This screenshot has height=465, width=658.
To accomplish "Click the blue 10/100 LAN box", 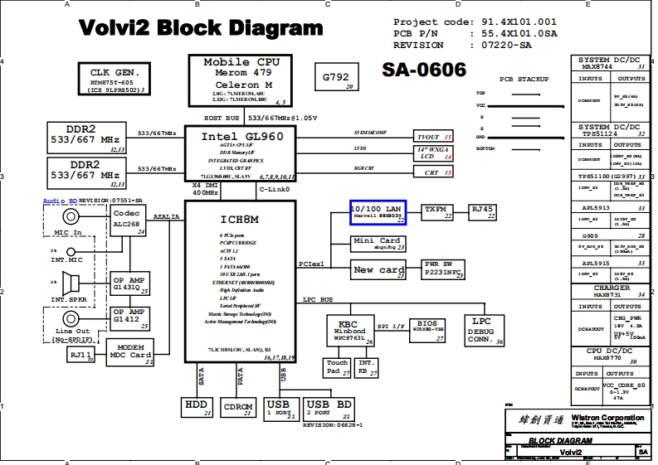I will click(x=378, y=213).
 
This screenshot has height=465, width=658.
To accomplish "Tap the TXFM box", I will click(x=440, y=212).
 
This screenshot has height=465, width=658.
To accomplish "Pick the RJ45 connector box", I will click(x=482, y=212).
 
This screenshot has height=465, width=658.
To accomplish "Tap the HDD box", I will click(x=197, y=408).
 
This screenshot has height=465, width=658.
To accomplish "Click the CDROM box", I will click(x=239, y=408).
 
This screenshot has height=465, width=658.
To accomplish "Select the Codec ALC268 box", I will click(x=127, y=220).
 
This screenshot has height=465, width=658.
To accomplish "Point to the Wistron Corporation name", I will click(x=606, y=418).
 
